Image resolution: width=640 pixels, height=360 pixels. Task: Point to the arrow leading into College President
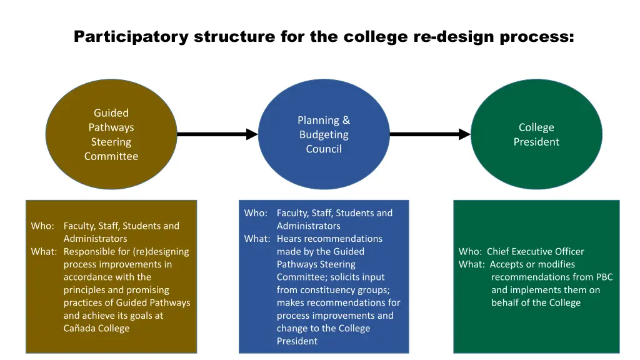point(429,134)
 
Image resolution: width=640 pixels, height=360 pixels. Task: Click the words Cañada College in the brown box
point(96,329)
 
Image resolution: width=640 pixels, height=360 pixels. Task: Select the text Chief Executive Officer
point(536,252)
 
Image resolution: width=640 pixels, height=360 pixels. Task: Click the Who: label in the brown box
point(42,226)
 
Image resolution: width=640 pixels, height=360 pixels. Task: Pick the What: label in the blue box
point(257,239)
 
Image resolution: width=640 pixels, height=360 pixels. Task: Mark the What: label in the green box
point(472,264)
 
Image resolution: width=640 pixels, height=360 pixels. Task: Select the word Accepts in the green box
point(507,264)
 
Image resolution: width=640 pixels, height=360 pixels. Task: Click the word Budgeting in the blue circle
point(324,135)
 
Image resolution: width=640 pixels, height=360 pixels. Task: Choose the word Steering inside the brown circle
point(111,142)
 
